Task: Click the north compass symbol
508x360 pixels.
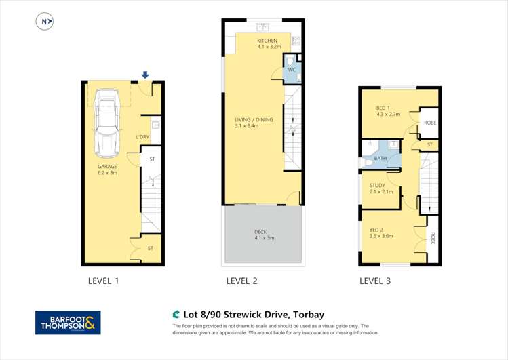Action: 45,22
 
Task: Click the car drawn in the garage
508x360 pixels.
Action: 108,122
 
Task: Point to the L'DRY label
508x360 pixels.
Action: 142,137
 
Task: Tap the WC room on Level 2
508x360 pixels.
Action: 292,71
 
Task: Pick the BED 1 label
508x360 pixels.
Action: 385,111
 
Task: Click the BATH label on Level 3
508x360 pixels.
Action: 380,159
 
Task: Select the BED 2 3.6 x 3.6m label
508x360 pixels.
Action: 381,232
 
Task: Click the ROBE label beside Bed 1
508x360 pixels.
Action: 429,123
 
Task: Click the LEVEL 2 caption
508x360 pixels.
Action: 241,281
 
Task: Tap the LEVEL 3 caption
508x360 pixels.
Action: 374,281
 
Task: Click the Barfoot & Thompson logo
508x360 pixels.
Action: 68,322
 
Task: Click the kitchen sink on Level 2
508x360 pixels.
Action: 264,28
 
